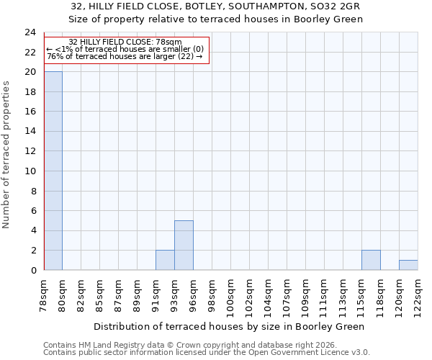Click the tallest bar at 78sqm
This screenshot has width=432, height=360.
(x=53, y=171)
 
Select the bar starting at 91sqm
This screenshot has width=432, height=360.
(x=165, y=260)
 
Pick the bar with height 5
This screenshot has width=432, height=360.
(x=184, y=245)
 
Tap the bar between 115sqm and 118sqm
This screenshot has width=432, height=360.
(x=371, y=260)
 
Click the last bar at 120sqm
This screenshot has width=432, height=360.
(x=408, y=265)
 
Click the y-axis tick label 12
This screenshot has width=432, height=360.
(x=30, y=151)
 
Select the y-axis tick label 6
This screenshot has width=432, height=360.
(x=33, y=211)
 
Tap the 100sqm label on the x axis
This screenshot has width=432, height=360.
(x=231, y=296)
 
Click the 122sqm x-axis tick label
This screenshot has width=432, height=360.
(x=418, y=296)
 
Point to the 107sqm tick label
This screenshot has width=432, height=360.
(x=287, y=296)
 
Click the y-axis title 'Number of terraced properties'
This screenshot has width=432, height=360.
(x=6, y=154)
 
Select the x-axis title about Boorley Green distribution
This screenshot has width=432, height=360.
(x=230, y=326)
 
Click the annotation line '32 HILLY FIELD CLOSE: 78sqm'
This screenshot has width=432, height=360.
(x=125, y=42)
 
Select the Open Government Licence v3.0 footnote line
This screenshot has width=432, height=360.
(x=207, y=353)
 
